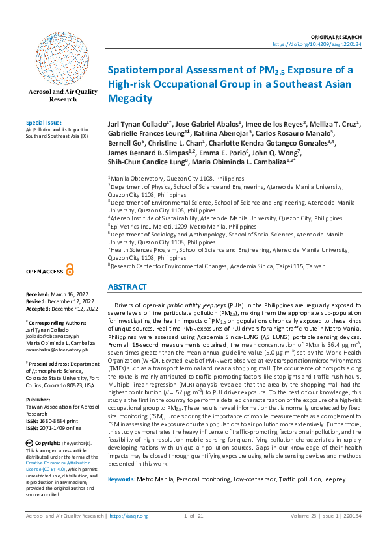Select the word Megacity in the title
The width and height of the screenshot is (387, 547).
tap(129, 99)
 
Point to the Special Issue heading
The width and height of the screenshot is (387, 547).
tap(44, 122)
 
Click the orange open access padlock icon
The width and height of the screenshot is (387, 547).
tap(70, 270)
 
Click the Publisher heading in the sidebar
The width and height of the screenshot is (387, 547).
tap(39, 382)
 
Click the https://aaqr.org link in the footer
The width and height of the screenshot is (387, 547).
tap(129, 516)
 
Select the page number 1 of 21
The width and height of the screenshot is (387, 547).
tap(194, 516)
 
